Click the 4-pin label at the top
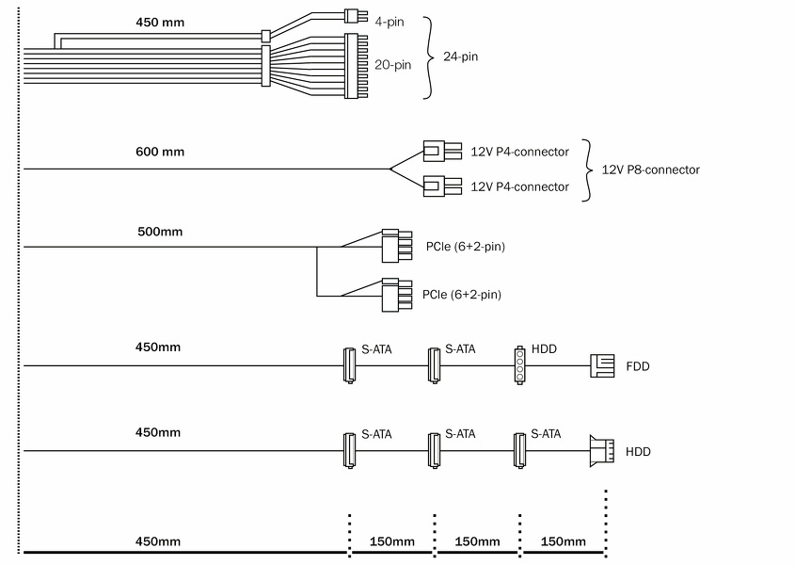(389, 20)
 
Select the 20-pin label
(391, 65)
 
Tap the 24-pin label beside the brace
(461, 56)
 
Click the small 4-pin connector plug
(355, 16)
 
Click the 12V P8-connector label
(650, 170)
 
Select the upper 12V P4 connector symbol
(441, 151)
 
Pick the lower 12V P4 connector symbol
(441, 186)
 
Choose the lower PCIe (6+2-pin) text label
(462, 295)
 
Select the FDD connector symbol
(601, 365)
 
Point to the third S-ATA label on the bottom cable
(546, 434)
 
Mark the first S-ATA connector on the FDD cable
(347, 365)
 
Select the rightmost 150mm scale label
(564, 541)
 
